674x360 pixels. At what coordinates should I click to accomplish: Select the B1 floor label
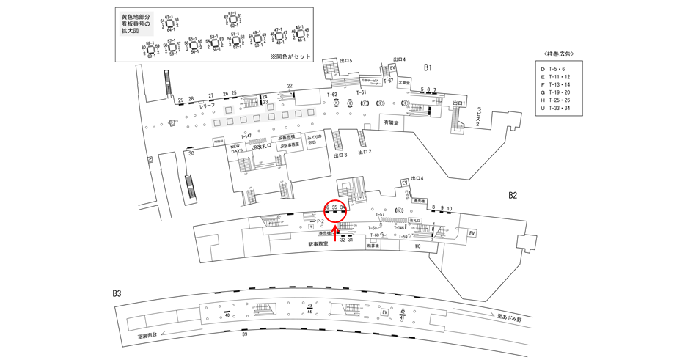pos(428,67)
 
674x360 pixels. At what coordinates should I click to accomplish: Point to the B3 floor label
pos(117,293)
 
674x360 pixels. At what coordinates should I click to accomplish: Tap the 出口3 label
pos(339,156)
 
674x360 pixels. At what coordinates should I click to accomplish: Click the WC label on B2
pos(417,246)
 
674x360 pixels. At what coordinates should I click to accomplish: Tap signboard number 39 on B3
pos(243,334)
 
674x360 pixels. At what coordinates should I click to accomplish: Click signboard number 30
pos(191,153)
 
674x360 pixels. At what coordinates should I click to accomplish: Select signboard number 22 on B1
pos(290,86)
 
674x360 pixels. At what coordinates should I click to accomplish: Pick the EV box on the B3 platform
pos(384,312)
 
